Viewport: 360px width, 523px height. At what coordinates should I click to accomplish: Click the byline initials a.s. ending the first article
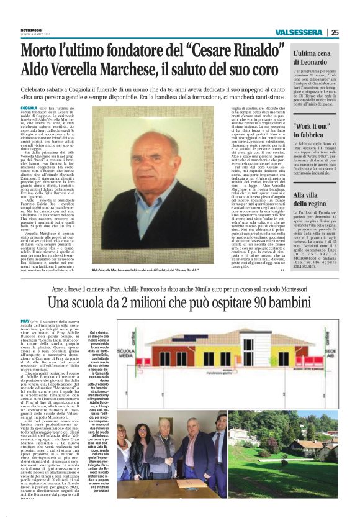pos(281,253)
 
